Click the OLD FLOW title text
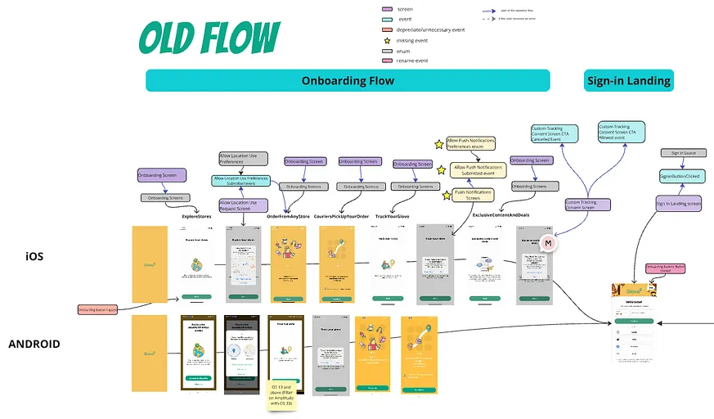[209, 38]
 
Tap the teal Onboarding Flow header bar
[348, 80]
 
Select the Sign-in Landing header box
[628, 80]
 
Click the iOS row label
[34, 257]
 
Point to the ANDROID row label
[34, 344]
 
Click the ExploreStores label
[197, 216]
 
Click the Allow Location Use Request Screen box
[243, 205]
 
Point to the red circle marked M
[550, 242]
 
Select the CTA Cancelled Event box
[554, 133]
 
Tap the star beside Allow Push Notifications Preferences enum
[439, 144]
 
